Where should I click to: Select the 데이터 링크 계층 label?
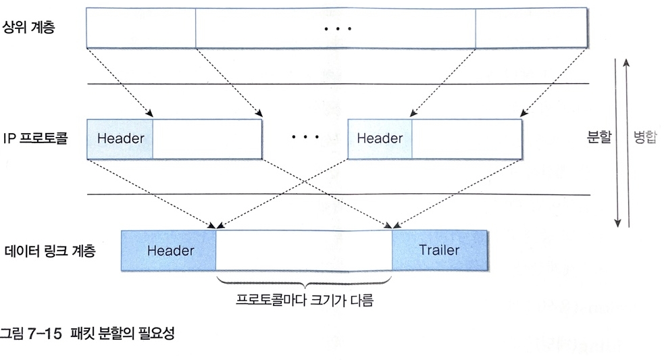48,251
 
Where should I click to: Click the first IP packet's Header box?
121,138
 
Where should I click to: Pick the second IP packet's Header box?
380,138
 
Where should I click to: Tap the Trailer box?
439,251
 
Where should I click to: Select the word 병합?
645,138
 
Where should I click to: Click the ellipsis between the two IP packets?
305,138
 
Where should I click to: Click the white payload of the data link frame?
304,251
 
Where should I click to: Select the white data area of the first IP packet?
207,138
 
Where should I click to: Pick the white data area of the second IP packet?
466,138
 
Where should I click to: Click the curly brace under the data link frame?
305,283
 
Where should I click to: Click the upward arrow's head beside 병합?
628,62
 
